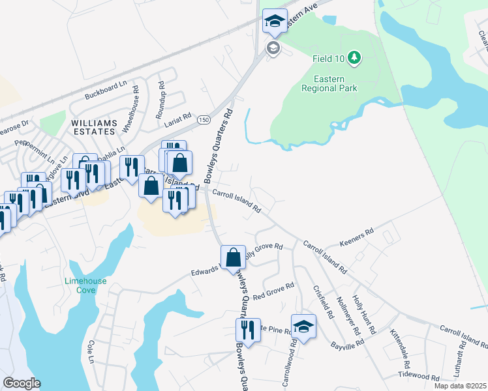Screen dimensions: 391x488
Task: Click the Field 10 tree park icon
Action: tap(354, 59)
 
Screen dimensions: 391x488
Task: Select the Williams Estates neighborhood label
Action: tap(94, 126)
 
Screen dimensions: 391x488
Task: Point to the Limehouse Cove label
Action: tap(85, 285)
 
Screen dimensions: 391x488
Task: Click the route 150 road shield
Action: tap(204, 120)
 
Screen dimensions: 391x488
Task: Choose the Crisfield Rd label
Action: tap(324, 302)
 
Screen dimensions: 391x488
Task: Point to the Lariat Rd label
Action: tap(177, 117)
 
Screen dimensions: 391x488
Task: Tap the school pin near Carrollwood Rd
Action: tap(303, 326)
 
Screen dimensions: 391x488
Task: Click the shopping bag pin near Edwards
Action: tap(233, 257)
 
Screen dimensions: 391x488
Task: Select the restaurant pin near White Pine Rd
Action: tap(248, 330)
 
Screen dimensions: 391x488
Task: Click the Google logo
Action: tap(21, 383)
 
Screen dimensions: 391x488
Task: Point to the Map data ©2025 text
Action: tap(461, 386)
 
